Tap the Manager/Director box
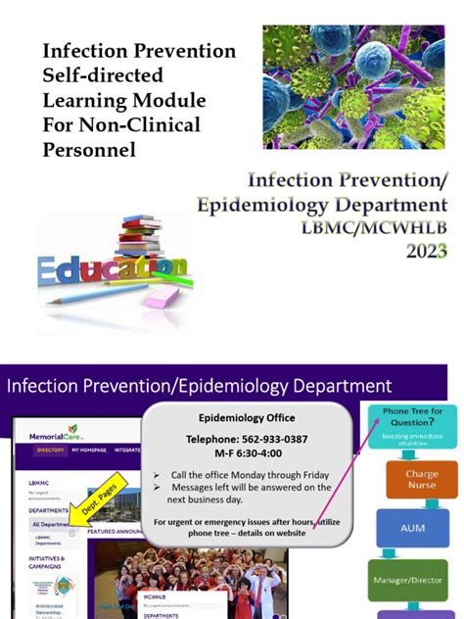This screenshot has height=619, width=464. click(x=407, y=579)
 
